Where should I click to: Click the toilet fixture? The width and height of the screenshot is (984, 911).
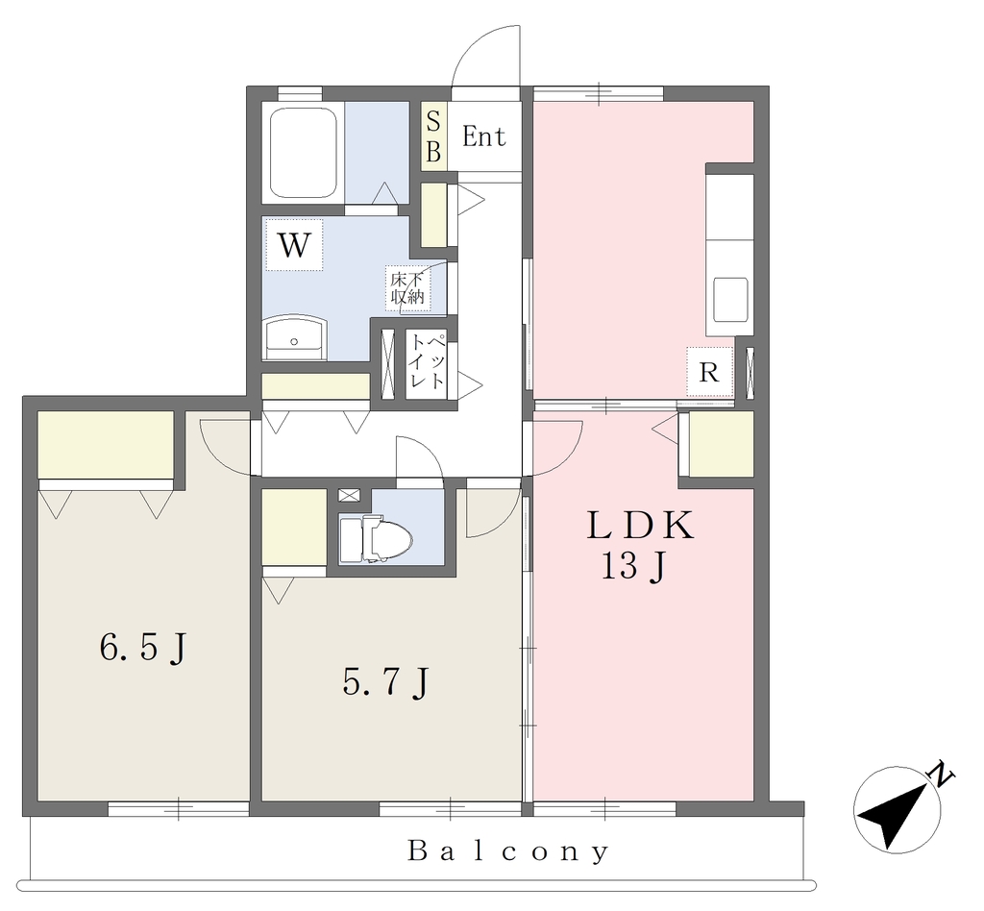[x=376, y=538]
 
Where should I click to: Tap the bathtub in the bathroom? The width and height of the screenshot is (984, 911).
[x=304, y=153]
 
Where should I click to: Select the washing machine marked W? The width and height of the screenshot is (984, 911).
[x=294, y=245]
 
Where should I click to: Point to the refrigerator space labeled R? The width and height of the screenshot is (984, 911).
[x=709, y=372]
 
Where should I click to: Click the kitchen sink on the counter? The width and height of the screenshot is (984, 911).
[x=730, y=299]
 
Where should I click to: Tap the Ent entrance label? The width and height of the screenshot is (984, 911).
[x=484, y=136]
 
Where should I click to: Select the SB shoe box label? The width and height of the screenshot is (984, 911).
[x=433, y=136]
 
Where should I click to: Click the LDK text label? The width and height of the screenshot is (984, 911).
[x=641, y=526]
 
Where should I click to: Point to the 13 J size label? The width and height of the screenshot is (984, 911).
[x=633, y=568]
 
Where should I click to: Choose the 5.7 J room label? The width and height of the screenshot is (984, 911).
[x=385, y=681]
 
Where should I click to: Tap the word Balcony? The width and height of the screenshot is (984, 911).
[x=508, y=852]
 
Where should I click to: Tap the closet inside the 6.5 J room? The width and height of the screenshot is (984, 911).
[x=106, y=445]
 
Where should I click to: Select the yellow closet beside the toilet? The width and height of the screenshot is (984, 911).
[x=294, y=527]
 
